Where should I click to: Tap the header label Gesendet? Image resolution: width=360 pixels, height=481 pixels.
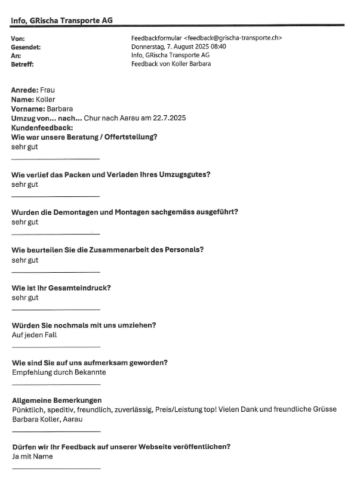point(26,47)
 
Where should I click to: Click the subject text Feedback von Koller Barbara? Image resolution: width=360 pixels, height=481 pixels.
point(171,63)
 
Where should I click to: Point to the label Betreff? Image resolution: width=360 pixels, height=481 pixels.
point(23,63)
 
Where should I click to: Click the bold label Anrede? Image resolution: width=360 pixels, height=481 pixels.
point(24,90)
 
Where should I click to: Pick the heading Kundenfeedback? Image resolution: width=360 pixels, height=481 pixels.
point(42,128)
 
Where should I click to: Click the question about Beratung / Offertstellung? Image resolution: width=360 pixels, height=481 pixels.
point(84,137)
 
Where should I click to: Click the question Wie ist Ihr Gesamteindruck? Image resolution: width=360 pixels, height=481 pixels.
point(61,288)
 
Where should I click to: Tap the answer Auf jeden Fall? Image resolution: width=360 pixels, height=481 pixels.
point(34,335)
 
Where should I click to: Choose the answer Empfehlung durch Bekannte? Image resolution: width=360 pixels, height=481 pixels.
point(59,372)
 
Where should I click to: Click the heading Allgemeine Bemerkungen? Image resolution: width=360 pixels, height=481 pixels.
point(57,400)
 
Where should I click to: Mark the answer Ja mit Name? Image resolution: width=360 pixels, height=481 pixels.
point(32,457)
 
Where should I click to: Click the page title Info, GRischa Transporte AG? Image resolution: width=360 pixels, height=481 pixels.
point(62,20)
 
